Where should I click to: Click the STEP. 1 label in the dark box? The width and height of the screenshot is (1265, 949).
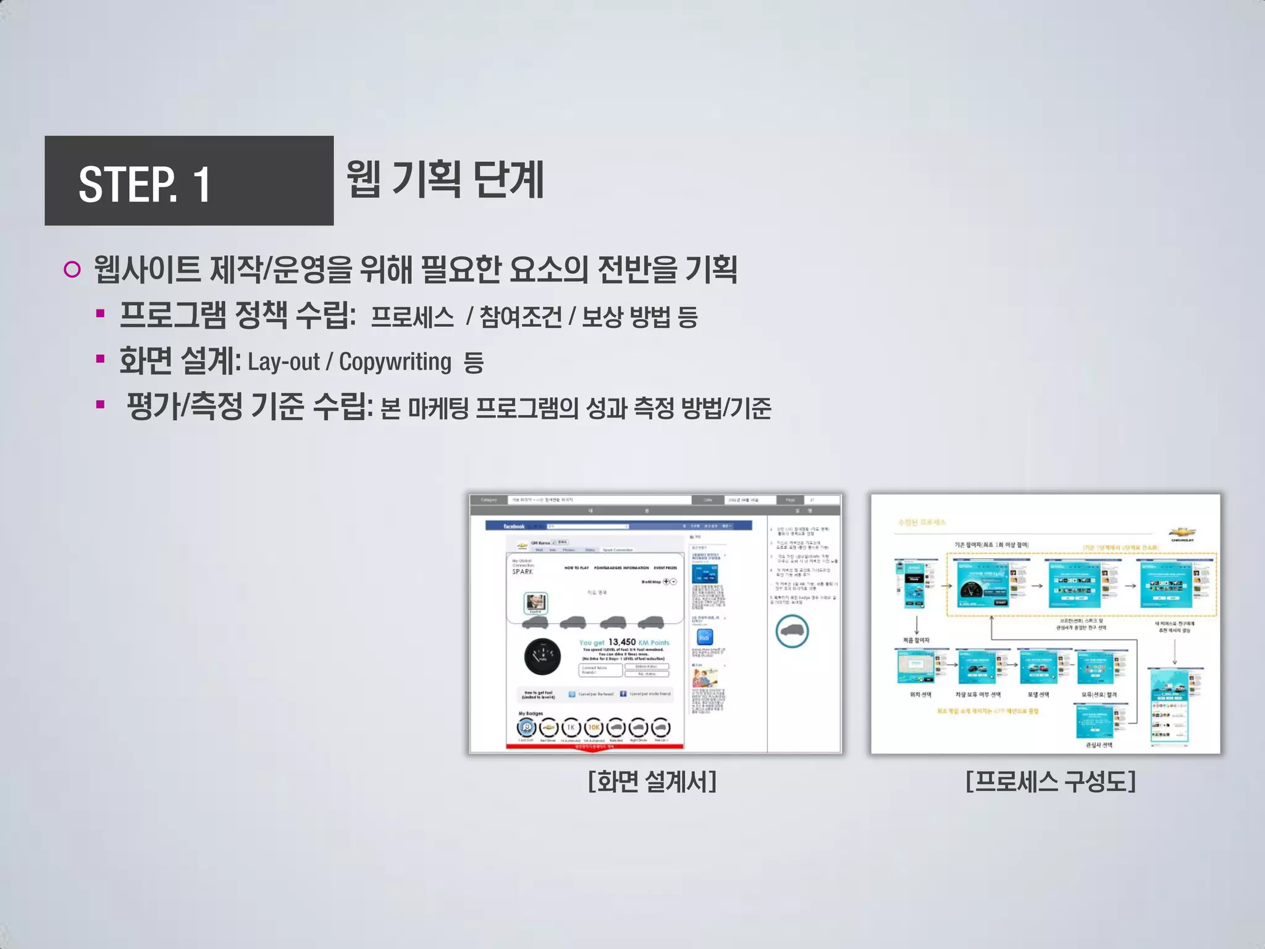pyautogui.click(x=145, y=184)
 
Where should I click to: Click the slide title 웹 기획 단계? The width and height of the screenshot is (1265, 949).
pyautogui.click(x=445, y=180)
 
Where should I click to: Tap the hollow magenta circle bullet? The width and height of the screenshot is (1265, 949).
pyautogui.click(x=72, y=270)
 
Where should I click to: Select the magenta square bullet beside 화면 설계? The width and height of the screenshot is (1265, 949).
pyautogui.click(x=100, y=360)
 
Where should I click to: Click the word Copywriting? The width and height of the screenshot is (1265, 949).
pyautogui.click(x=395, y=362)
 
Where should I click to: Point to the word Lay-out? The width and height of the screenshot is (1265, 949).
pyautogui.click(x=284, y=362)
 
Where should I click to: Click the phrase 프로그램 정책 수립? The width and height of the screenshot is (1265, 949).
pyautogui.click(x=237, y=315)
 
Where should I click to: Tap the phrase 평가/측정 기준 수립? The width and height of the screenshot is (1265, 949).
pyautogui.click(x=249, y=407)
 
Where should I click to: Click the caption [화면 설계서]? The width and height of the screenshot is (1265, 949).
pyautogui.click(x=652, y=782)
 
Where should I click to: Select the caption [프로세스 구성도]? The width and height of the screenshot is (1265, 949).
pyautogui.click(x=1050, y=782)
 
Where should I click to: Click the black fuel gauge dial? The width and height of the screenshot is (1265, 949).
pyautogui.click(x=542, y=656)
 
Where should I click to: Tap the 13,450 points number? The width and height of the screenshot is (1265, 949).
pyautogui.click(x=621, y=642)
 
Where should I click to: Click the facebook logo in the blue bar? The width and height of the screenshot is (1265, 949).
pyautogui.click(x=513, y=526)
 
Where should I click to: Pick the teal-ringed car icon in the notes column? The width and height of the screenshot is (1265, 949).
pyautogui.click(x=792, y=631)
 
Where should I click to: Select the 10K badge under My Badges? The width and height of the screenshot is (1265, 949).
pyautogui.click(x=594, y=728)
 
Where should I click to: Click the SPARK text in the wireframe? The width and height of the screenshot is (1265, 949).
pyautogui.click(x=522, y=572)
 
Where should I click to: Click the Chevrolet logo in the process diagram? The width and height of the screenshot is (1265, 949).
pyautogui.click(x=1182, y=533)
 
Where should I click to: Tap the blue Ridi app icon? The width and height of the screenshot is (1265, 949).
pyautogui.click(x=704, y=637)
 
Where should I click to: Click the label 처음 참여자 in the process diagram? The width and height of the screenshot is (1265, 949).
pyautogui.click(x=916, y=640)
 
